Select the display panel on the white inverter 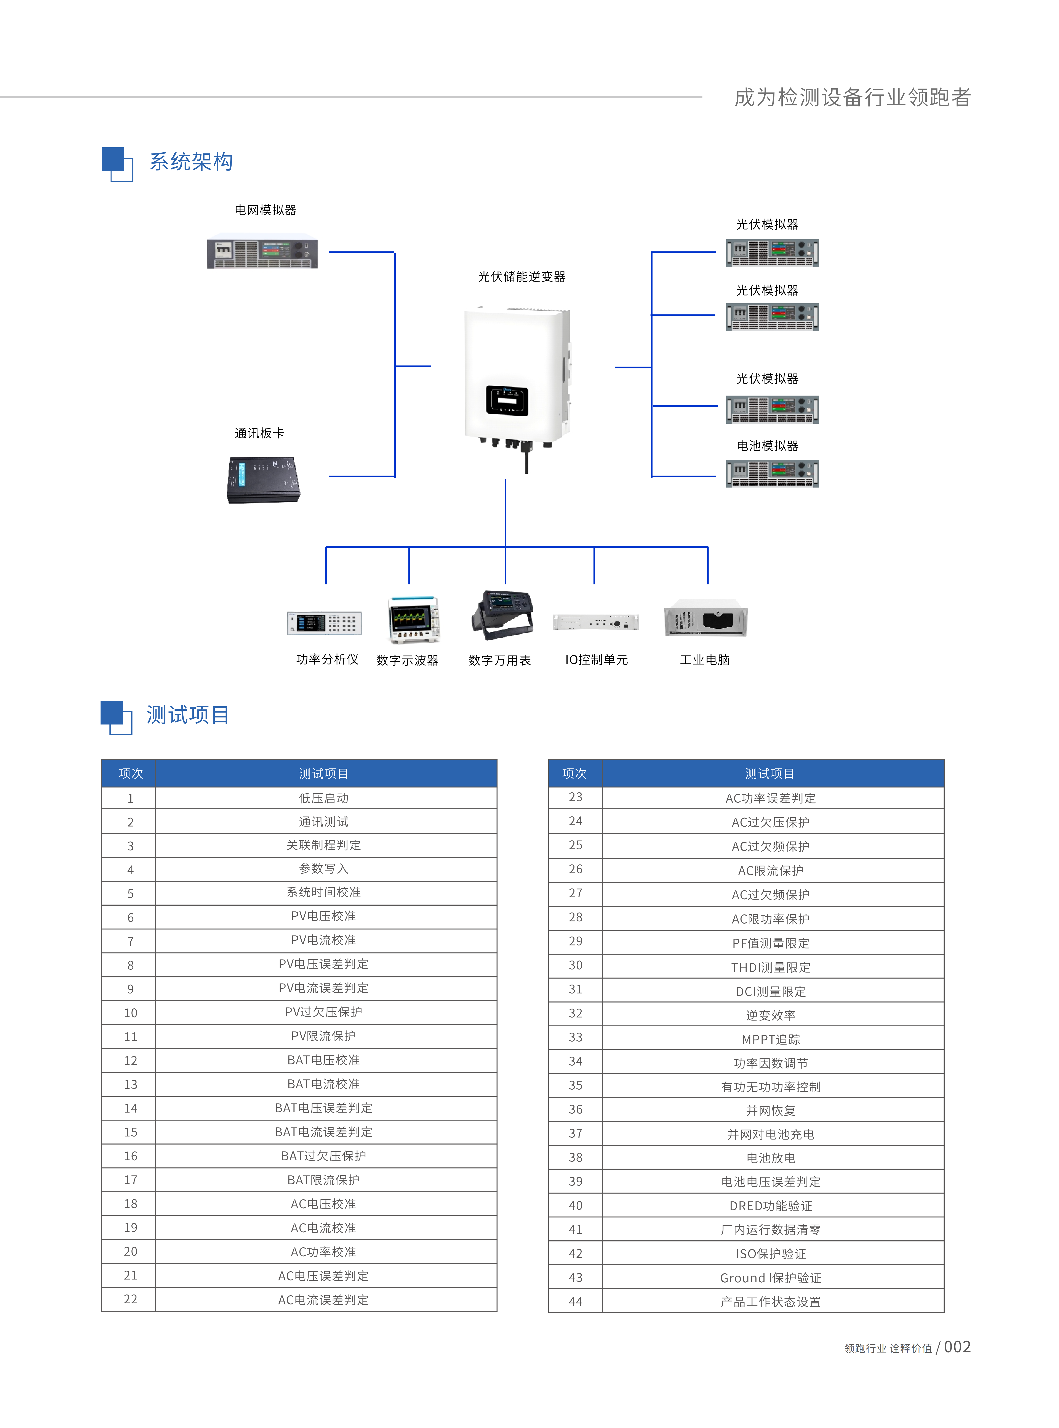click(506, 401)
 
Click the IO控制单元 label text click(596, 660)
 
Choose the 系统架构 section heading click(191, 162)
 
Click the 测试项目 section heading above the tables click(188, 715)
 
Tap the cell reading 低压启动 click(324, 798)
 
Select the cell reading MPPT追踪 click(771, 1039)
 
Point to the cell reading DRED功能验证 click(771, 1205)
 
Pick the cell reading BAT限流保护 click(324, 1180)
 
